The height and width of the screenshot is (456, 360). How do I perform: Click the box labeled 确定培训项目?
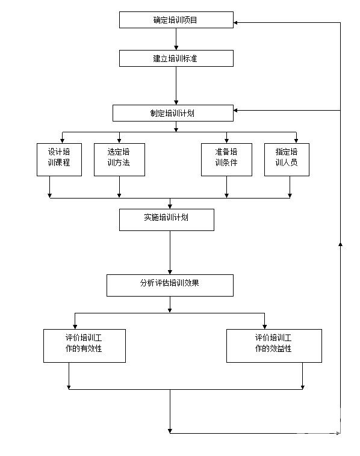176,20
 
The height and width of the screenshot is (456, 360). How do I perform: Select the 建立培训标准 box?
176,58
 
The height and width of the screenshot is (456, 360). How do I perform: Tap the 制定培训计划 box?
173,113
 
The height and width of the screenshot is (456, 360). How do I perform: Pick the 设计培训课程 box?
59,159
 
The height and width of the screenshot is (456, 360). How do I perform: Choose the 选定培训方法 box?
119,159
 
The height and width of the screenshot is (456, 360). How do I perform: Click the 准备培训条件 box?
226,159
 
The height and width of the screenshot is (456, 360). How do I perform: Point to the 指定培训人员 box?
287,159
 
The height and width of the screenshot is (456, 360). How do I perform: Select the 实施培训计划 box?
167,220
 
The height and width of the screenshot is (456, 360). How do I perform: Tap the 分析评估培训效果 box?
170,286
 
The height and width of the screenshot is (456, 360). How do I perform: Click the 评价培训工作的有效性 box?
84,346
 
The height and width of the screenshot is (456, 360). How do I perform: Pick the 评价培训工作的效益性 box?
274,346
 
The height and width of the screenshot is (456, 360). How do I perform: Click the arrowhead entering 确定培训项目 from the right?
236,23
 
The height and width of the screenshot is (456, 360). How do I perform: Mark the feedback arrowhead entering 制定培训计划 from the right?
236,111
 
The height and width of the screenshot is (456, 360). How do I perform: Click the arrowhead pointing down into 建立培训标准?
176,48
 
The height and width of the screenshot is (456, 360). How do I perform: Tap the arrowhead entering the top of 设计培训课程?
62,141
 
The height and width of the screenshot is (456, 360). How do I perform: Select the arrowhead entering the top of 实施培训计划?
170,206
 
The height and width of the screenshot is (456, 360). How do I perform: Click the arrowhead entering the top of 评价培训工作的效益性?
264,327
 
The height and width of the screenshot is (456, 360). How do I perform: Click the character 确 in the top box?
157,20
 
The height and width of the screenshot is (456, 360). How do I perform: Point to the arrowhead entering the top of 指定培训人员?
296,141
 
